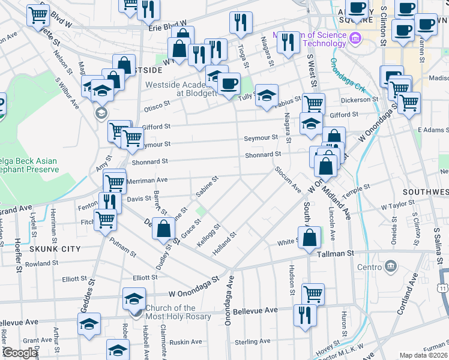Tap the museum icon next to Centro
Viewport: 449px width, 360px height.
(x=392, y=266)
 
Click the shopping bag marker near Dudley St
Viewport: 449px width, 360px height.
(x=164, y=228)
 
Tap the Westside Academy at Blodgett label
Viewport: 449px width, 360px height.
(x=180, y=89)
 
